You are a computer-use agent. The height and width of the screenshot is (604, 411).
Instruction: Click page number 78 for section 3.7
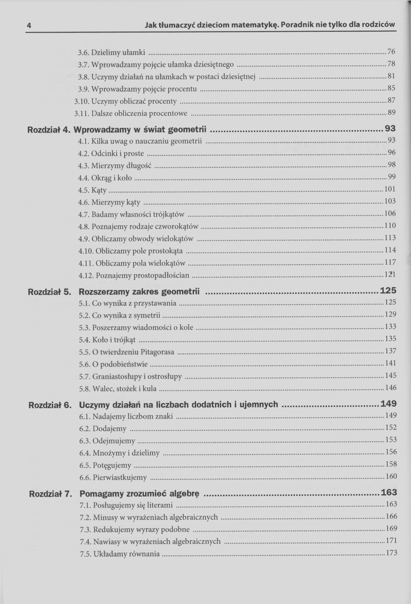pos(391,64)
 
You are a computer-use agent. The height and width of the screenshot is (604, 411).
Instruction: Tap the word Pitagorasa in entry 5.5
pos(157,352)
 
